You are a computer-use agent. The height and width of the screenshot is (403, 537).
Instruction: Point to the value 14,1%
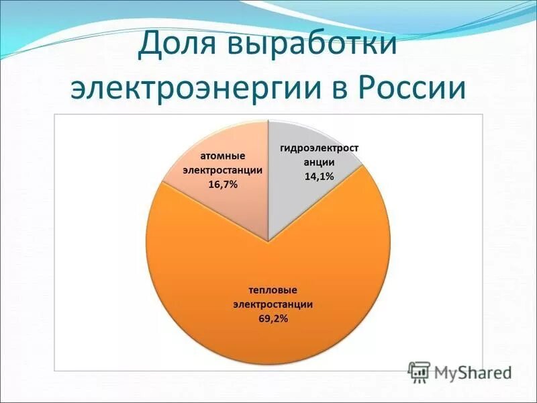pos(320,176)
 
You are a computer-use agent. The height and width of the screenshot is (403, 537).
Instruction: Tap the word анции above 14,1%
pos(320,163)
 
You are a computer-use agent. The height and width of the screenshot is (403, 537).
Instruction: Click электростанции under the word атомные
pos(223,171)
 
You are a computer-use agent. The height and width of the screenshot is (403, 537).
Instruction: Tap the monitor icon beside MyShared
pos(420,371)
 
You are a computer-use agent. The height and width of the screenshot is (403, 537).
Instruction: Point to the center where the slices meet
pos(268,241)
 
